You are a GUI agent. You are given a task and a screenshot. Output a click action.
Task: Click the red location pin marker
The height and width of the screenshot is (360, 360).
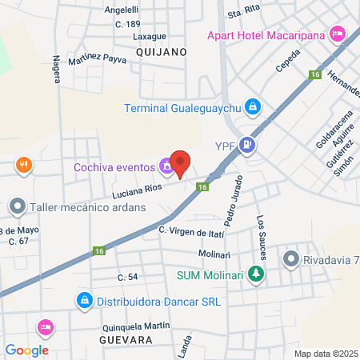point(181,162)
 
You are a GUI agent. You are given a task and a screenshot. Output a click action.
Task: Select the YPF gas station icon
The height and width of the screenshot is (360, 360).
point(248,145)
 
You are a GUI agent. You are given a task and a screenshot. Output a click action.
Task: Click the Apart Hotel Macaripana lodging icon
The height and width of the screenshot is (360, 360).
point(337,34)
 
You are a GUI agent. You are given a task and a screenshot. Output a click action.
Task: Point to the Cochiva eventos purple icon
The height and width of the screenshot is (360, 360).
point(166,166)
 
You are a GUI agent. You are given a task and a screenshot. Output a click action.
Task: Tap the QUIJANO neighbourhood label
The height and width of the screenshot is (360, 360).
point(161,51)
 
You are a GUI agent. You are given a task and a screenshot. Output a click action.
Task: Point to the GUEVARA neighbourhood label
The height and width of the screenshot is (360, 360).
point(125,340)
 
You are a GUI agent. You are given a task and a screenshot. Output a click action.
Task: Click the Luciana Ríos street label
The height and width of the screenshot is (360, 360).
point(138,191)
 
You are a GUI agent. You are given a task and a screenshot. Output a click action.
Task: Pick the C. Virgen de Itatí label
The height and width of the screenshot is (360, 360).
point(191,230)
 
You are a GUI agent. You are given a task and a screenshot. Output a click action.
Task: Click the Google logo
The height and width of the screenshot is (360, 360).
point(27,350)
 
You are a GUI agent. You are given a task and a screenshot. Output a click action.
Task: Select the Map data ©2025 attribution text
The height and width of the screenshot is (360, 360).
point(325,354)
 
